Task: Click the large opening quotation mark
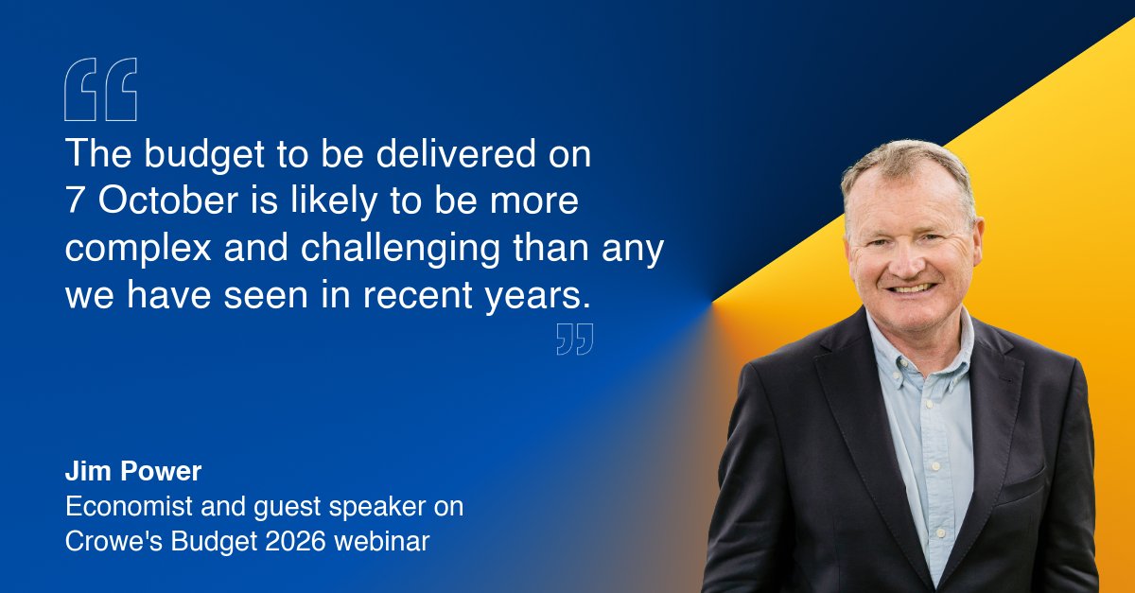(100, 90)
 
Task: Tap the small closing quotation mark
(574, 339)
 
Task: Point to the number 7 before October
(75, 202)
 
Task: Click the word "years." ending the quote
(536, 297)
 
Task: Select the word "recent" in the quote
(417, 297)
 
